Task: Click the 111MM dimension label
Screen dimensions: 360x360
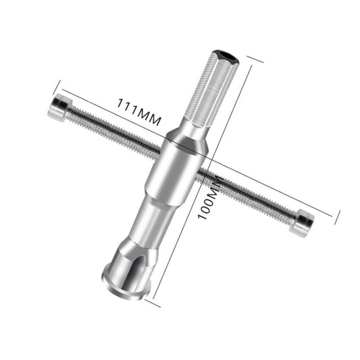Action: (x=140, y=111)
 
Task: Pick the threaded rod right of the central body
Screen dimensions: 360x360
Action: (x=250, y=195)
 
